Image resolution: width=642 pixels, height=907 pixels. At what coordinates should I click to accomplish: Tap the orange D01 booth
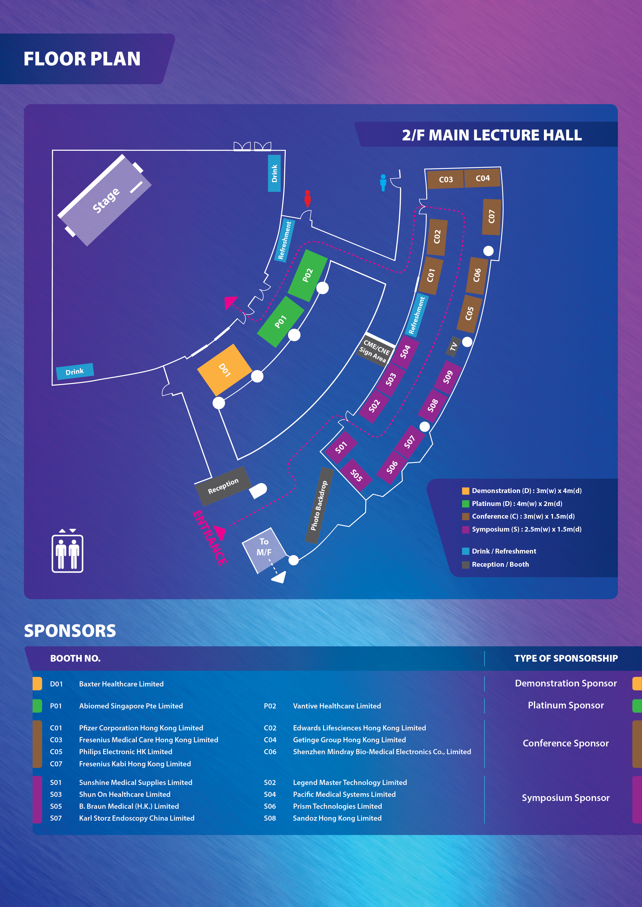(224, 370)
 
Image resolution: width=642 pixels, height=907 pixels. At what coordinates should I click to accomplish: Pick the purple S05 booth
(356, 475)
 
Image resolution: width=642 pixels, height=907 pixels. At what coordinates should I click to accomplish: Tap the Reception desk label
(223, 486)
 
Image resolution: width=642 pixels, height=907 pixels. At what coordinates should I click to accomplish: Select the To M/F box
(264, 547)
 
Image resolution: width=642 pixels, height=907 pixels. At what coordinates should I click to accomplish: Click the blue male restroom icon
(383, 183)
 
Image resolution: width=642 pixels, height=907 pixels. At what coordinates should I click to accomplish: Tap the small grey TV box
(453, 346)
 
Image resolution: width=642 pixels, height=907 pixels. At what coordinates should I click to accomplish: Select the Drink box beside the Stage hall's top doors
(274, 173)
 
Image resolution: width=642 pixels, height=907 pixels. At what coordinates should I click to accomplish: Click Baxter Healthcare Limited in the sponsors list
(121, 684)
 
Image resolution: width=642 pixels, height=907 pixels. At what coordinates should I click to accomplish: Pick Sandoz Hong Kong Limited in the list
(337, 818)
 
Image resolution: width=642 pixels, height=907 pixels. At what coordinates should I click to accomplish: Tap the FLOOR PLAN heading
(82, 59)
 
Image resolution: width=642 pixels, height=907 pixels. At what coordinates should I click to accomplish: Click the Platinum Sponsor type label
(565, 705)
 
